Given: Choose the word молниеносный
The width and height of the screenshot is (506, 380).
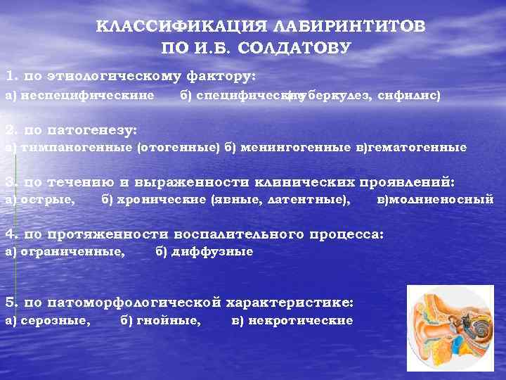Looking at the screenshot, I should pyautogui.click(x=441, y=199).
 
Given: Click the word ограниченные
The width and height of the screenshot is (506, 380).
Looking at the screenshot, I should pyautogui.click(x=71, y=251).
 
